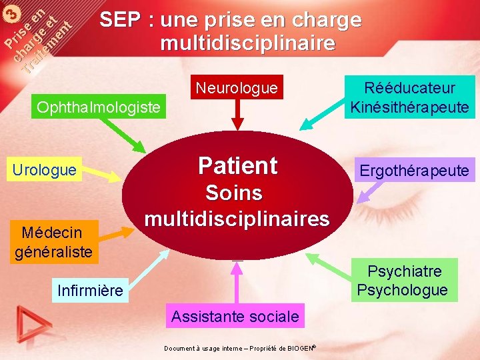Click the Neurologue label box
(236, 87)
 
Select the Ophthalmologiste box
(99, 107)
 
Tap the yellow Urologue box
(44, 170)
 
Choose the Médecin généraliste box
(53, 242)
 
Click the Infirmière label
(90, 291)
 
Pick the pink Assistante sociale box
(235, 317)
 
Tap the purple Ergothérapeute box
(415, 170)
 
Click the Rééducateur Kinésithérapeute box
(409, 97)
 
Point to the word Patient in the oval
(237, 165)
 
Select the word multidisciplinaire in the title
(247, 44)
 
